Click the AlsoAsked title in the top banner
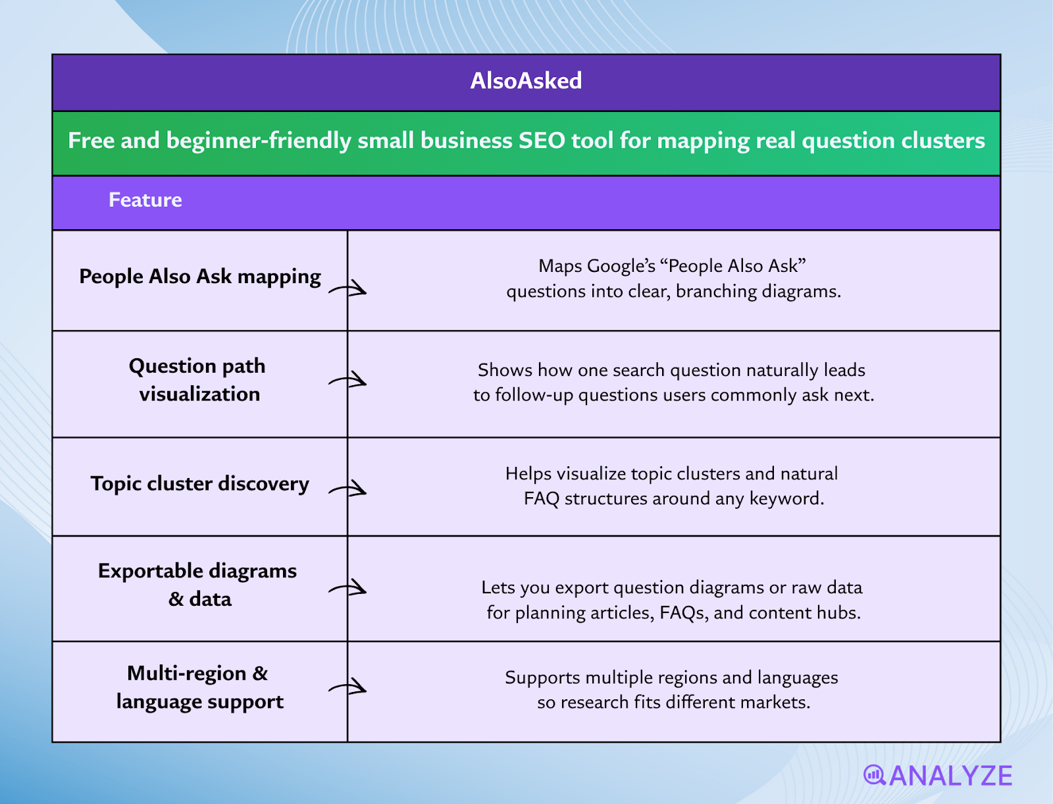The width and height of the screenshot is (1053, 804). [526, 81]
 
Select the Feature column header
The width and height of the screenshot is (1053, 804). [145, 200]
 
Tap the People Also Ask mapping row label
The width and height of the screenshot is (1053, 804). [199, 277]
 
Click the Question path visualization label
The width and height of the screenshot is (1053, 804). [198, 380]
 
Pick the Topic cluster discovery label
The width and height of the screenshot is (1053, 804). [199, 484]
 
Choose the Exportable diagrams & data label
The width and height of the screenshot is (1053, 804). [198, 585]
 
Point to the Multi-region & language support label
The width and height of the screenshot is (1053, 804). [199, 687]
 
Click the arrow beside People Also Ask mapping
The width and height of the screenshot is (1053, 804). [349, 288]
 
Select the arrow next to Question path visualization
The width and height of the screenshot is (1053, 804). [349, 381]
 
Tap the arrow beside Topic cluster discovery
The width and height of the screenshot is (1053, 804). [349, 489]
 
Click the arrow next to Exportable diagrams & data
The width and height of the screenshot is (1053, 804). [349, 587]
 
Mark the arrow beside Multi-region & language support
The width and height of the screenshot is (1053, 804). [349, 687]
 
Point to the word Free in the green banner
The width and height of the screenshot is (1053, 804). [91, 141]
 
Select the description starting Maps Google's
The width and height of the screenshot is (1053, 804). [673, 279]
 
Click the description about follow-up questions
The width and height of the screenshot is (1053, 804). [673, 383]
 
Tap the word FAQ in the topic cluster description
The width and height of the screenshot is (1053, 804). [541, 498]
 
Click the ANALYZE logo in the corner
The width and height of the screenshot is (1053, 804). [938, 776]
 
